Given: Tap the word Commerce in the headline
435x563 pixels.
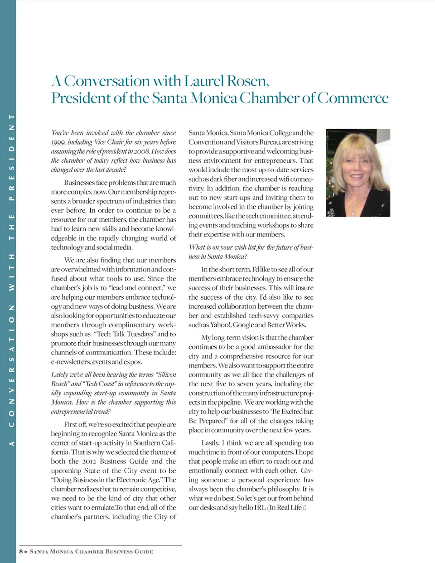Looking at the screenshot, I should coord(353,98).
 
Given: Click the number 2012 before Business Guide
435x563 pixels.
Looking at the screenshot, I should coord(90,461).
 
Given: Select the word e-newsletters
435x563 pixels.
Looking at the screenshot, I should coord(71,362).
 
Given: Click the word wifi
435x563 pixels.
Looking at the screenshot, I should coord(284,179).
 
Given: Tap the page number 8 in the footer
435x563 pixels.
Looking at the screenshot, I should coord(21,552).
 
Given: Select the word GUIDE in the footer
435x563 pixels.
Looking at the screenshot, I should coord(144,552).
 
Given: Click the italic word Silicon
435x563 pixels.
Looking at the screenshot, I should coord(165,374).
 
